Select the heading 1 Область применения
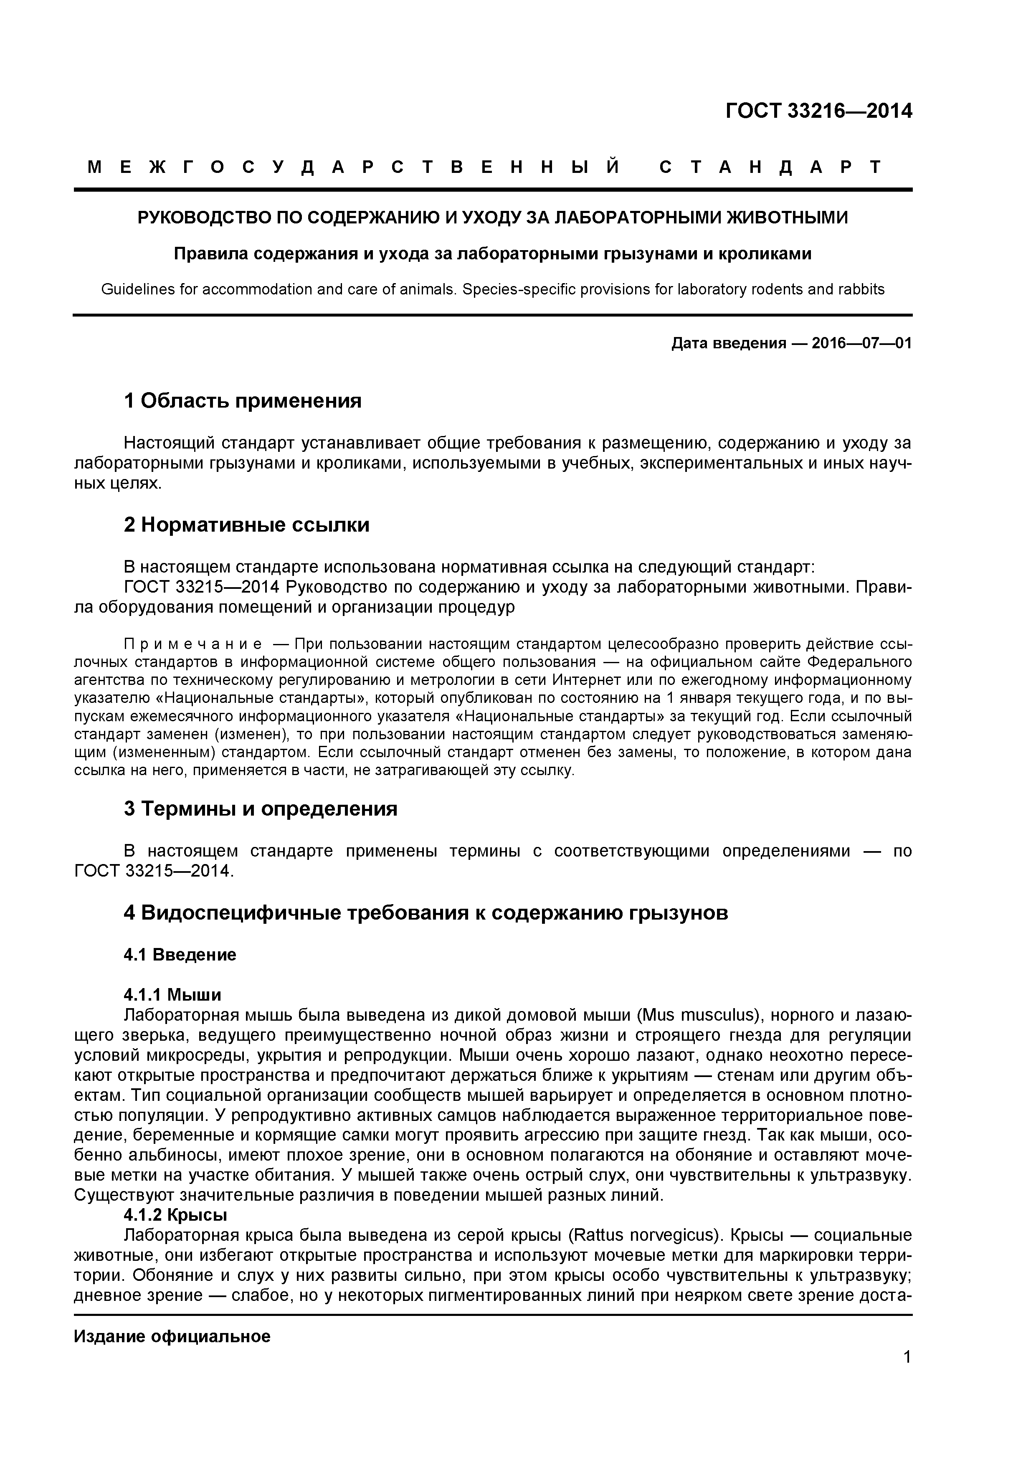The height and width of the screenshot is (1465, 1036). (x=243, y=401)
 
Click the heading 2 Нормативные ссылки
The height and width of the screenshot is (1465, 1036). (x=246, y=525)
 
